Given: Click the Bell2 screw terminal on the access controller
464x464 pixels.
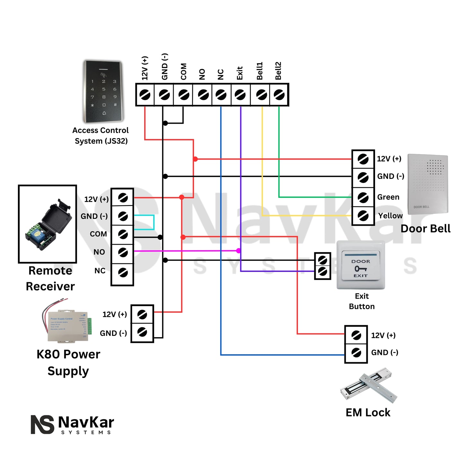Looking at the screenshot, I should coord(279,95).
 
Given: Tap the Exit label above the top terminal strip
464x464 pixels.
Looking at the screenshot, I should coord(240,73).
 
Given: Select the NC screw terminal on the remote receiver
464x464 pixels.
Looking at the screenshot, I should coord(123,273).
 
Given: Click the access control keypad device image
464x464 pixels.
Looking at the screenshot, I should coord(103,92).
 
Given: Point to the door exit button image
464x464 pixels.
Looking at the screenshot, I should coord(361,265).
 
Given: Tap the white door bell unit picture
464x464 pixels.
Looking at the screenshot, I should coord(427,184).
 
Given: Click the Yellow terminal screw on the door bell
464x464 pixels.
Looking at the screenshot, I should coord(363,215).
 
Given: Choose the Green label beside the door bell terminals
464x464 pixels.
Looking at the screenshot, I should coord(388,197).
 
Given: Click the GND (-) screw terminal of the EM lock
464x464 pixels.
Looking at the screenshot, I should coord(356,353).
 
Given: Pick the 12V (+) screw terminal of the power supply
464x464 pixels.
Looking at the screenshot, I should coord(142,314).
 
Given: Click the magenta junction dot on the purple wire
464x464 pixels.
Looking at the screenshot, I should coord(239,251).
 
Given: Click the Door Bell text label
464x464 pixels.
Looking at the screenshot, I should coord(425,229).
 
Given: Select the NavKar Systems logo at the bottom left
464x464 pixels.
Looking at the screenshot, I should coord(73,425).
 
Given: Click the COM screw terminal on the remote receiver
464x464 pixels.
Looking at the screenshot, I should coord(123,234).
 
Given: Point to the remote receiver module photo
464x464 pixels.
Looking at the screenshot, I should coord(48,224).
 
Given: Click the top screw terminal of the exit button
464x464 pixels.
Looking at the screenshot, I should coord(322,260).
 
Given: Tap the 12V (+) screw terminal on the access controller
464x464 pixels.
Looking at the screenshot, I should coord(145,95).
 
